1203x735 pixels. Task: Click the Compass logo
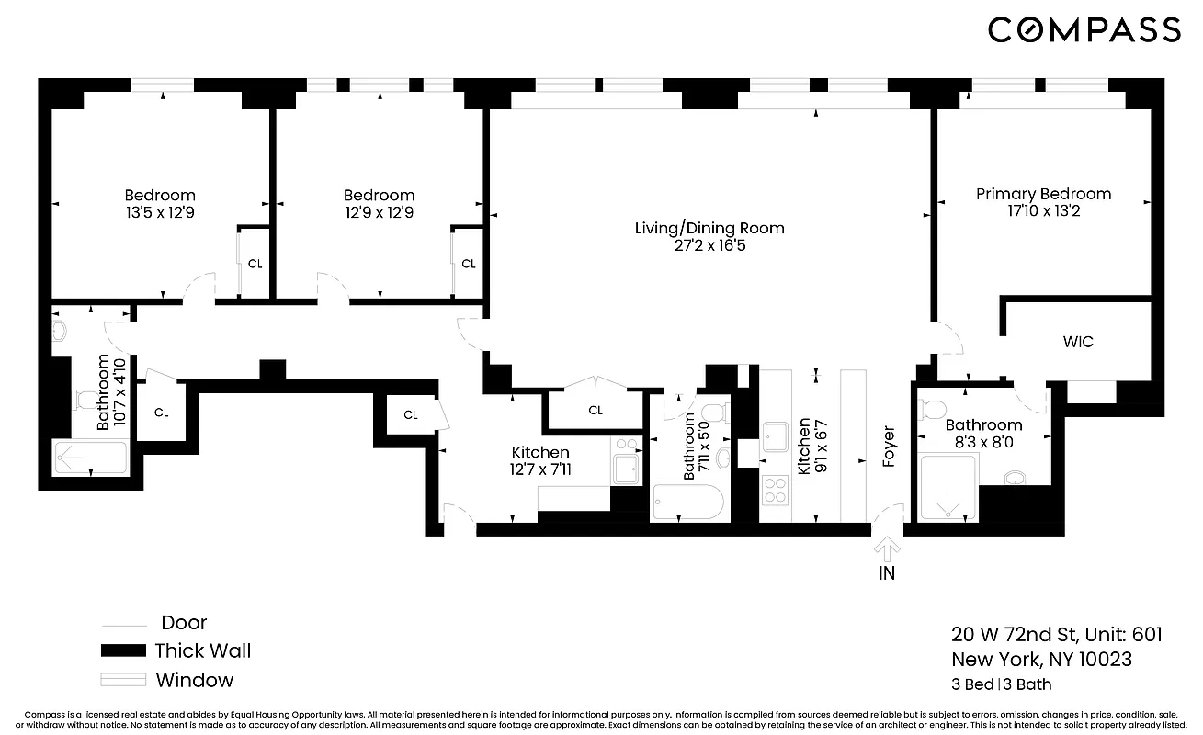(1084, 29)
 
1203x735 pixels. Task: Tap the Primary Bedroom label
(1043, 194)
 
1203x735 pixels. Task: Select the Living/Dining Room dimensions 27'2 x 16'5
(709, 245)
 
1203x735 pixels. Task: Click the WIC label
(1078, 342)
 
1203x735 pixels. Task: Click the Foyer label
(889, 446)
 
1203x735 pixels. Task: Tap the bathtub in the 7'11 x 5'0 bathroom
(687, 502)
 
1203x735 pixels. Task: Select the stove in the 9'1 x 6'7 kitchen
(776, 490)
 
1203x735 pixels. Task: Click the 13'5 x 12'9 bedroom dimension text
(160, 212)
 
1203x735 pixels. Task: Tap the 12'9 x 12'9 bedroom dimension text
(379, 212)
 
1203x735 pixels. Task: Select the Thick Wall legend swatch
(123, 651)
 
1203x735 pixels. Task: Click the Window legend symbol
(123, 681)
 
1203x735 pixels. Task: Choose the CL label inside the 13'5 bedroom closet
(255, 264)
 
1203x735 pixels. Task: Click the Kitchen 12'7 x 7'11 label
(540, 460)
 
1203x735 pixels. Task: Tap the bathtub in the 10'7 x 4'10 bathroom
(90, 458)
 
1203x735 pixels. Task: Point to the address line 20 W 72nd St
(1056, 635)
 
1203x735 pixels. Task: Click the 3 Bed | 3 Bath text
(1001, 684)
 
